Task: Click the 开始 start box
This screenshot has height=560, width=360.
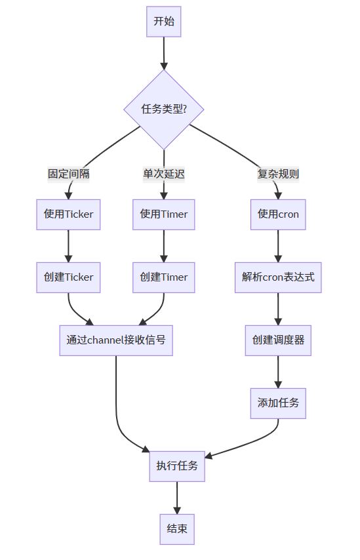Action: coord(163,22)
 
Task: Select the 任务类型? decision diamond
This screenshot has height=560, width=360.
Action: coord(164,110)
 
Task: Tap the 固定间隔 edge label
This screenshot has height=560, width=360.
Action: coord(69,174)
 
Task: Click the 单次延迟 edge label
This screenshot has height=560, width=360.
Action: coord(164,174)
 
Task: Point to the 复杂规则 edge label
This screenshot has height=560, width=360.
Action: coord(278,174)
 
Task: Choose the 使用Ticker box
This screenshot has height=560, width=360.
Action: coord(68,214)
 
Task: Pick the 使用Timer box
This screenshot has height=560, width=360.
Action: coord(164,214)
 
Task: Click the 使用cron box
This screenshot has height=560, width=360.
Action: coord(278,214)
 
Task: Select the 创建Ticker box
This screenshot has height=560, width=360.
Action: coord(68,277)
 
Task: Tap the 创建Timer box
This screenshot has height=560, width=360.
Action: coord(164,277)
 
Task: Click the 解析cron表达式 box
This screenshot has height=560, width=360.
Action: coord(278,277)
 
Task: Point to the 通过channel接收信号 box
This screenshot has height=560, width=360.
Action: coord(116,340)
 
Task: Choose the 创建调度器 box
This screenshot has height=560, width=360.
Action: coord(278,340)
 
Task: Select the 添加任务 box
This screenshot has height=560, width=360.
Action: coord(278,403)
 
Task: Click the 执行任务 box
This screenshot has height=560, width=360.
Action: coord(177,466)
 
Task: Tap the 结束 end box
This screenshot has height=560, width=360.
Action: coord(177,529)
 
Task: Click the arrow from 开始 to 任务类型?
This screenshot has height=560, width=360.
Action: coord(164,53)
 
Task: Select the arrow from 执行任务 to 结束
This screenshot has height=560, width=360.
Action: coord(177,498)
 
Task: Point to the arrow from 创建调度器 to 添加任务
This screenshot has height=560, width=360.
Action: coord(278,372)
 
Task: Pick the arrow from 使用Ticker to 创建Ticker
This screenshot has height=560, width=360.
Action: coord(68,246)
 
